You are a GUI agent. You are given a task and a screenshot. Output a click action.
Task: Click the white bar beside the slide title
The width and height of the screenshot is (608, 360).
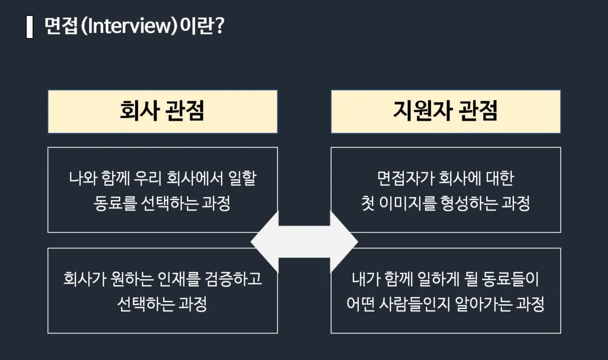29,27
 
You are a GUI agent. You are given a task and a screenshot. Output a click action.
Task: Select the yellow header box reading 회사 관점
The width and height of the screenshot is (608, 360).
163,111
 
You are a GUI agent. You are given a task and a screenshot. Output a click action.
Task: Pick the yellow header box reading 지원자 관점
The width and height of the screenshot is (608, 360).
445,111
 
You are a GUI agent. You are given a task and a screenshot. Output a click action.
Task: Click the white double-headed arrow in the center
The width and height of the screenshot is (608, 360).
305,242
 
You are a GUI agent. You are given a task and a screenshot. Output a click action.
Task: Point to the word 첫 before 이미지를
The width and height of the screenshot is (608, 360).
368,204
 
